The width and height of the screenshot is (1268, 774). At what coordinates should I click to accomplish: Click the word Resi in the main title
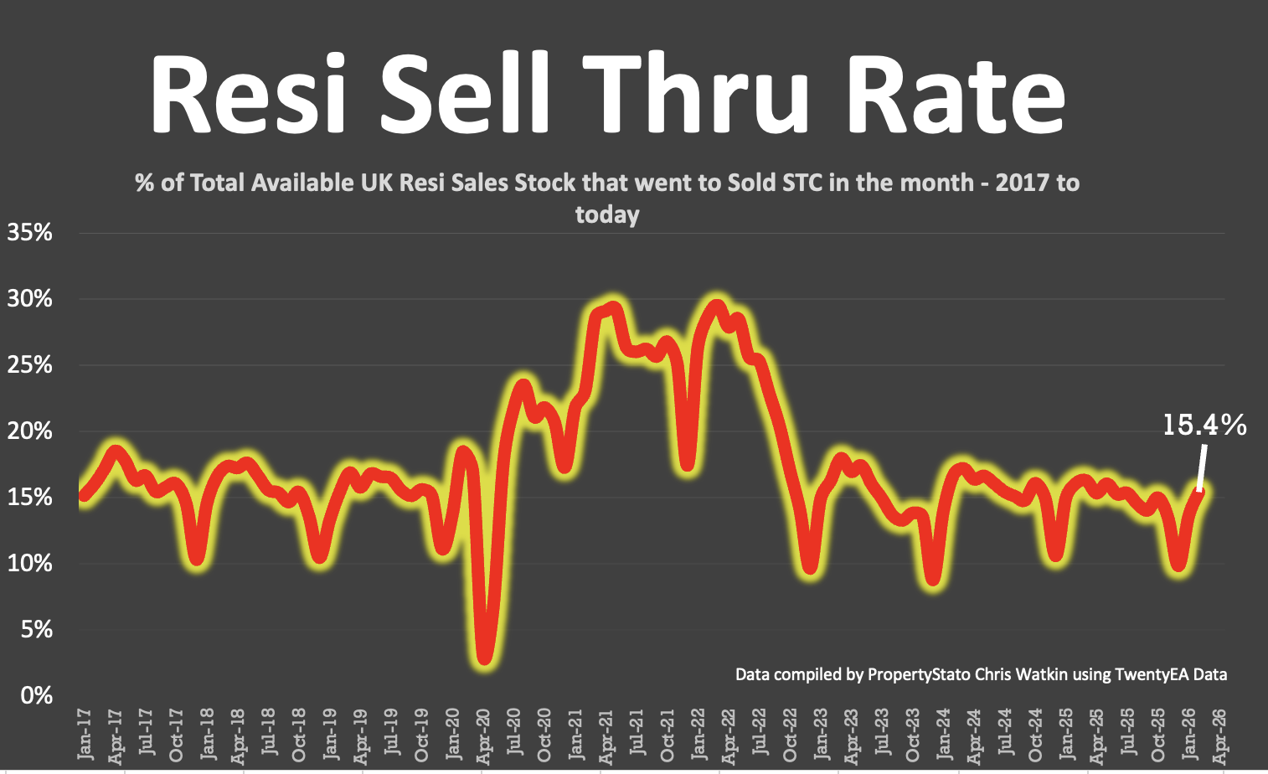click(248, 94)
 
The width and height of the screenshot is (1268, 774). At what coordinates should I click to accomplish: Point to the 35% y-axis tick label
click(30, 233)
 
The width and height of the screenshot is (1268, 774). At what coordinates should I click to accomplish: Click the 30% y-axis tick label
click(30, 299)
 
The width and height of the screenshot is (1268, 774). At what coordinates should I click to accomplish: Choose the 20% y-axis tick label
click(30, 431)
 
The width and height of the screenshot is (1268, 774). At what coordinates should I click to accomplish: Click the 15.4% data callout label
click(1204, 426)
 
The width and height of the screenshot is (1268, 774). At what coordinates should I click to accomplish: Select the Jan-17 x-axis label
click(85, 735)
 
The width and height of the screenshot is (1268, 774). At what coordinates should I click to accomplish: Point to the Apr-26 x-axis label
click(1219, 734)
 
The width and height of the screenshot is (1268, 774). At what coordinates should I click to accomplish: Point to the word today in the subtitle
click(607, 215)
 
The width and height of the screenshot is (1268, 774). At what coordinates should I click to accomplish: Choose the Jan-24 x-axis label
click(944, 734)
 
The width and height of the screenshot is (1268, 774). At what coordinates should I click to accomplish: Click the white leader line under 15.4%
click(1202, 468)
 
